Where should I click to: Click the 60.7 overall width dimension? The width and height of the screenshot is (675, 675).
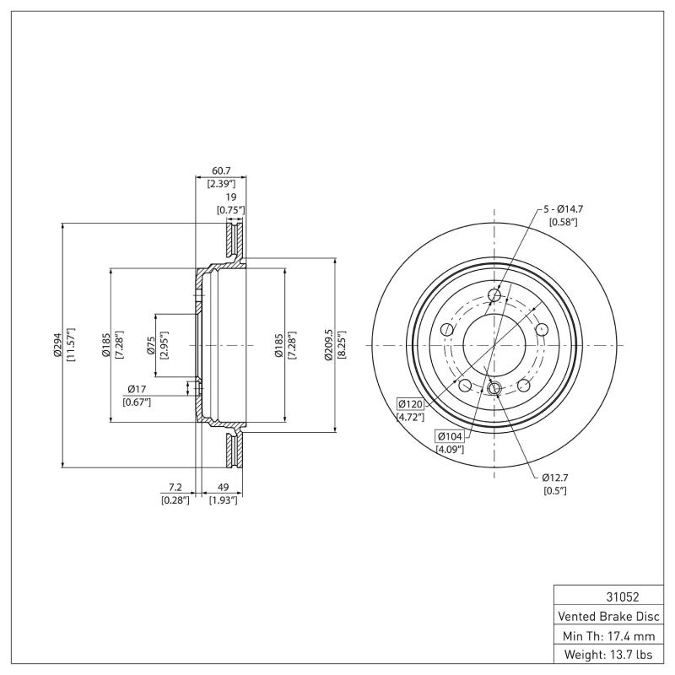pos(220,170)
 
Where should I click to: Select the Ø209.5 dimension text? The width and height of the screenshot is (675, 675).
pos(329,345)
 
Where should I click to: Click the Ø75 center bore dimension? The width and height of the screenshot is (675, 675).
pos(150,345)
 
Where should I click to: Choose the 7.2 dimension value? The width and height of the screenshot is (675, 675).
pos(175,488)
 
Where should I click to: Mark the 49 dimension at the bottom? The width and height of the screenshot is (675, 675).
pos(224,488)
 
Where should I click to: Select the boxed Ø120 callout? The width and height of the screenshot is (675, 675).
pos(409,404)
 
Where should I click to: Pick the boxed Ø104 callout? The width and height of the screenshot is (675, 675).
pos(449,436)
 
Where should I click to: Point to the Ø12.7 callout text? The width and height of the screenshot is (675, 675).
pos(554,478)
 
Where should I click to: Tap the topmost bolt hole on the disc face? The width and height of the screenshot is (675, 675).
pos(495,295)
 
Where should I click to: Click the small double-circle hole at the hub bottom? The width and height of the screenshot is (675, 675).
pos(495,388)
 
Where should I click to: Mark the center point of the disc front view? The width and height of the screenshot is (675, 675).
pos(494,345)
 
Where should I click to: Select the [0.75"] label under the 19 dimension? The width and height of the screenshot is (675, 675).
pos(230,209)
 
